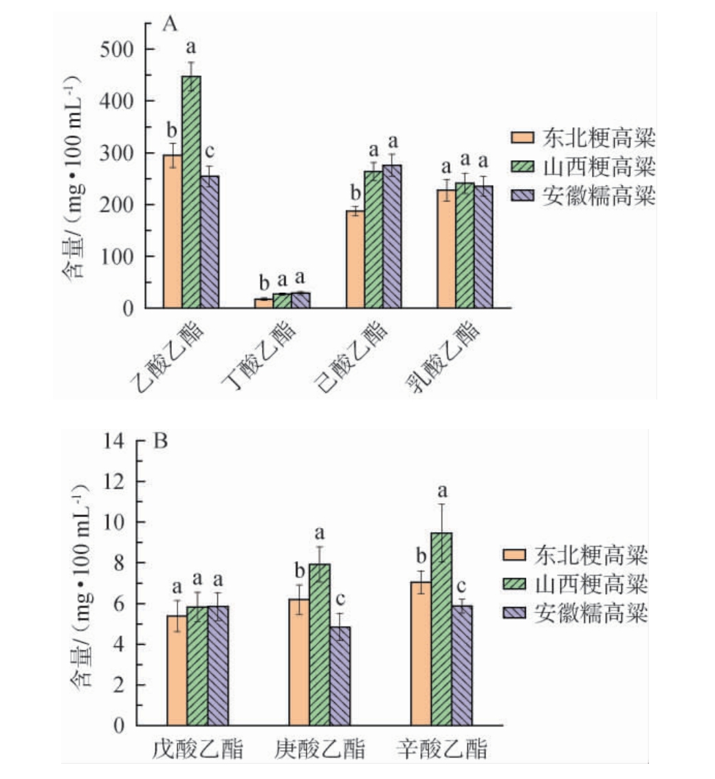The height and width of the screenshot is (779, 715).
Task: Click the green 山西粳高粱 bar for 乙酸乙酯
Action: [x=191, y=193]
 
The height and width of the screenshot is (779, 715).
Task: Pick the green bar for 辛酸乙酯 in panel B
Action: [x=442, y=629]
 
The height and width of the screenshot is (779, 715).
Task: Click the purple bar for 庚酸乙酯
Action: [x=340, y=676]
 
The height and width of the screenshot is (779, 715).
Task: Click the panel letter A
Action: [x=170, y=25]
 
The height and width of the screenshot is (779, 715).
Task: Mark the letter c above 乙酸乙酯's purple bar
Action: [x=210, y=152]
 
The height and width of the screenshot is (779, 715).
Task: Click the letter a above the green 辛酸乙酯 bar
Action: [x=442, y=492]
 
